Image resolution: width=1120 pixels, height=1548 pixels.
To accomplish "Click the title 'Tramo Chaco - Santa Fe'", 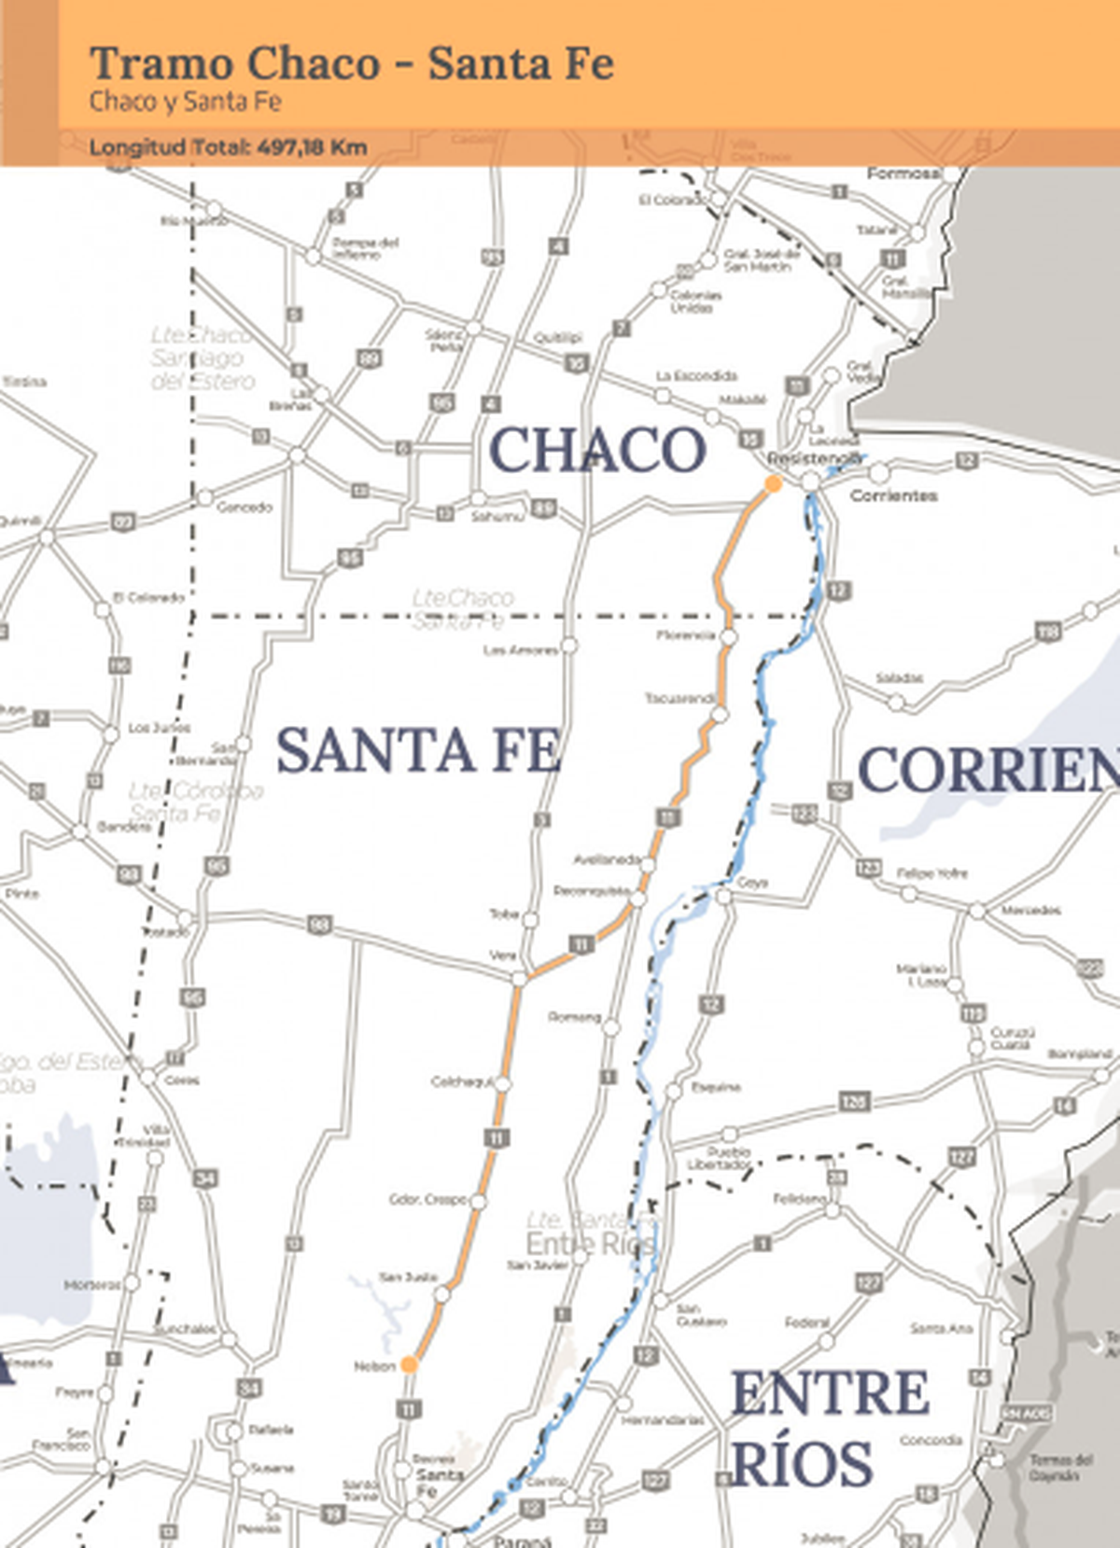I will (352, 64).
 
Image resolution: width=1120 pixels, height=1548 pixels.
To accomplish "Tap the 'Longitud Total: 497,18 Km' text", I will (228, 147).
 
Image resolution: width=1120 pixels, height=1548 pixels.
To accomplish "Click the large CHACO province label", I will (597, 450).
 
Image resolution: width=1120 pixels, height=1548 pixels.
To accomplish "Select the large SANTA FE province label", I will (418, 751).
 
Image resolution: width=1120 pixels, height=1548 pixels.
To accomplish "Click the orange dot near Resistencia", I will (773, 483).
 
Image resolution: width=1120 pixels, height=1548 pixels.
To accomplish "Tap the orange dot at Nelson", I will (409, 1365).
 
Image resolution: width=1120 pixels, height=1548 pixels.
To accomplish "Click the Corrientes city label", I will (893, 495).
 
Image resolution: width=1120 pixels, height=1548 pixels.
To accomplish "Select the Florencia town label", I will (685, 635).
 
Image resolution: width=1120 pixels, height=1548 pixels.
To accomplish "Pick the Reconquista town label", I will (591, 891).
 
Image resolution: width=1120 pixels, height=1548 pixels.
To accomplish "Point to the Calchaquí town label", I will (461, 1081).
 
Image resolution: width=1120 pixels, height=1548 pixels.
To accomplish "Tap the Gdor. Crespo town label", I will (428, 1199).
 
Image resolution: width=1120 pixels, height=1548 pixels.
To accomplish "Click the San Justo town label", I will (408, 1277).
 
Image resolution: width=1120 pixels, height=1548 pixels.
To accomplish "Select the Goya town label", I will (753, 883).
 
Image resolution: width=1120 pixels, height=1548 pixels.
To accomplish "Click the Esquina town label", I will (716, 1087).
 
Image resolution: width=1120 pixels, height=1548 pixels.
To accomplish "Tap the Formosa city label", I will (903, 174).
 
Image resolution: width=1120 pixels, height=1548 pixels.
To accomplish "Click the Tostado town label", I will (165, 931).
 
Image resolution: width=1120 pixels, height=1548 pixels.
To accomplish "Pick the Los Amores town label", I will (520, 649).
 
